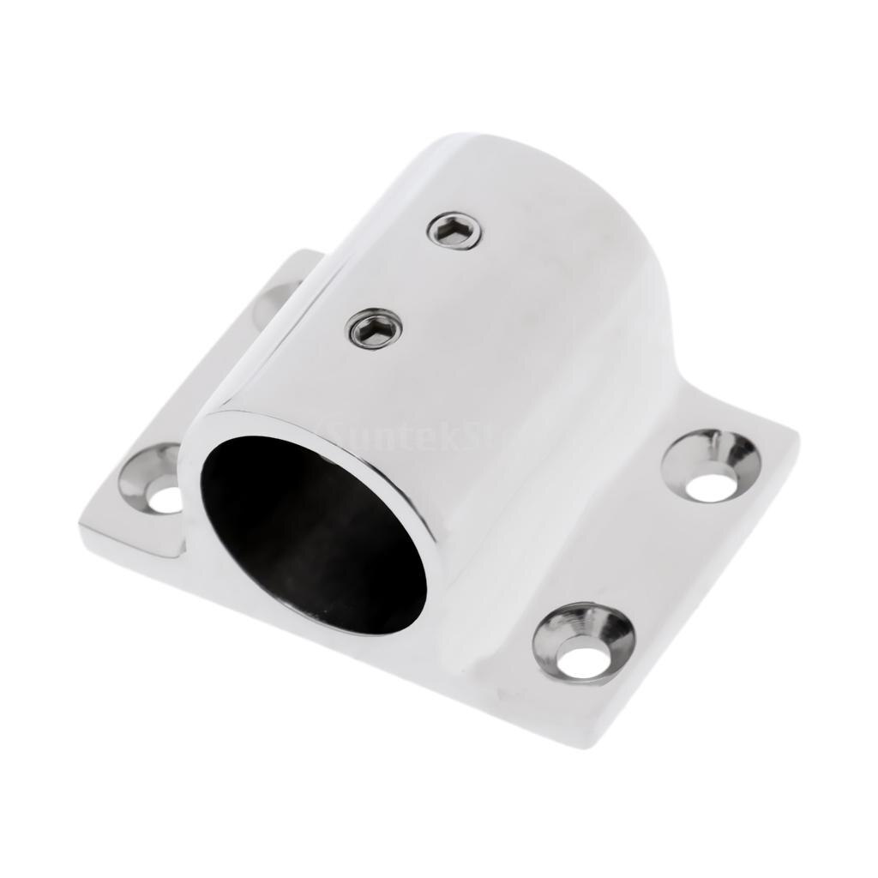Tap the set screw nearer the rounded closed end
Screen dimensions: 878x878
[x=454, y=231]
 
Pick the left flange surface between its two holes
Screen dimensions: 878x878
[x=214, y=386]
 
